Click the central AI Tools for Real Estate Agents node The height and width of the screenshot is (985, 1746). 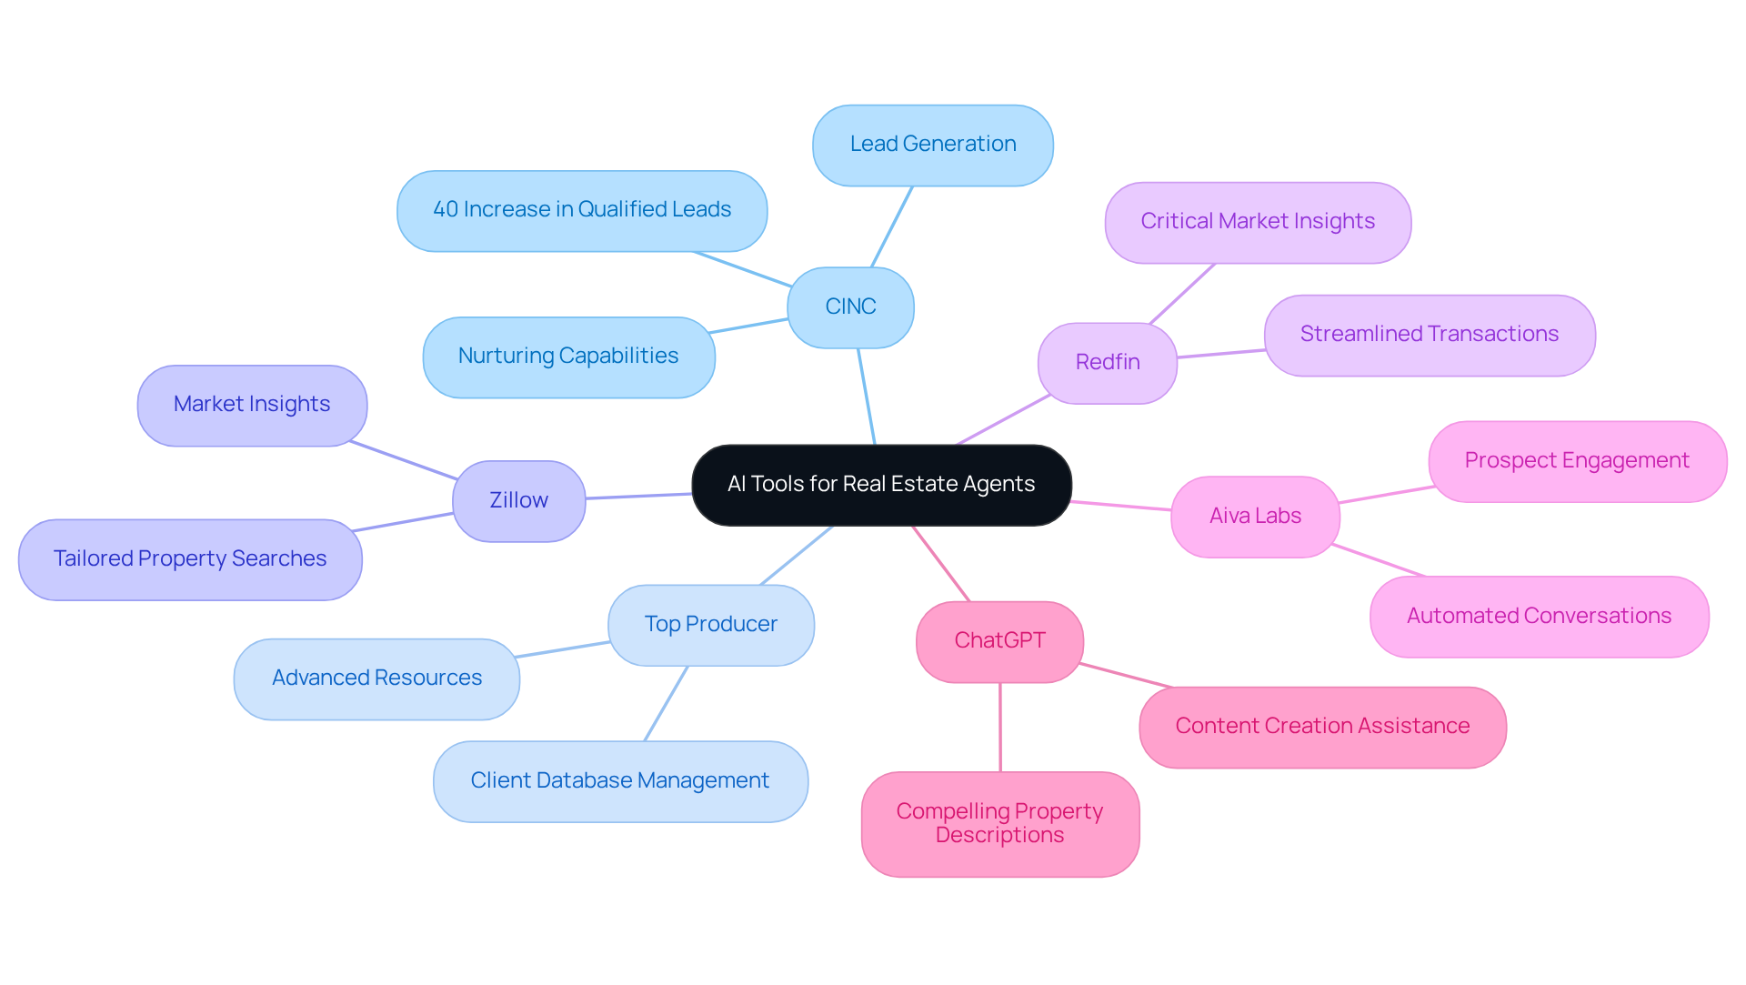pyautogui.click(x=881, y=485)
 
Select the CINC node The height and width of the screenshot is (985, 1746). pyautogui.click(x=850, y=307)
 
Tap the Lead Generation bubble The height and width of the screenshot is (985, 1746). pyautogui.click(x=932, y=145)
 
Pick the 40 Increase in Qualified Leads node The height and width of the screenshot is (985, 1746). pyautogui.click(x=582, y=210)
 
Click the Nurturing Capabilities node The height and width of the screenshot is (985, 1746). pyautogui.click(x=568, y=357)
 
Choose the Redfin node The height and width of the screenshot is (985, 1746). pyautogui.click(x=1107, y=363)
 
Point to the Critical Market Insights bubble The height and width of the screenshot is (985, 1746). pyautogui.click(x=1258, y=222)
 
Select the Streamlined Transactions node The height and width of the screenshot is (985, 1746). pyautogui.click(x=1429, y=335)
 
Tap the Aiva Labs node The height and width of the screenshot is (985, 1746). pyautogui.click(x=1255, y=517)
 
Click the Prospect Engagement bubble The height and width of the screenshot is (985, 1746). pyautogui.click(x=1577, y=461)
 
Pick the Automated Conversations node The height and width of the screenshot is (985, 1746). pyautogui.click(x=1539, y=617)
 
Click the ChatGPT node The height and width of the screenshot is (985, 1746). pyautogui.click(x=999, y=641)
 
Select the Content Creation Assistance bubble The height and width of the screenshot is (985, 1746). pyautogui.click(x=1322, y=727)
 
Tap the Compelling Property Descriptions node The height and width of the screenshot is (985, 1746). pyautogui.click(x=999, y=824)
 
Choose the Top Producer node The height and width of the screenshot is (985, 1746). pyautogui.click(x=710, y=625)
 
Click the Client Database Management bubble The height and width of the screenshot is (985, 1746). pyautogui.click(x=620, y=781)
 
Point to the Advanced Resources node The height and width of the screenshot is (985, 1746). pyautogui.click(x=376, y=678)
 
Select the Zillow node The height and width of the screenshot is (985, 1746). pyautogui.click(x=518, y=501)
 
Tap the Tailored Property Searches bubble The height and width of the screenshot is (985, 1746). pyautogui.click(x=190, y=559)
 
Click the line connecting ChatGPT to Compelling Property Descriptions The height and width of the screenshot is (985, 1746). pyautogui.click(x=1000, y=728)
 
